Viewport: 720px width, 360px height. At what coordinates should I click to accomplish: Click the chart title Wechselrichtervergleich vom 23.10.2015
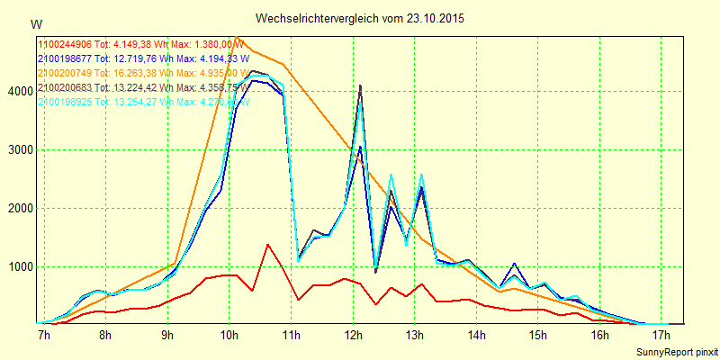tap(360, 18)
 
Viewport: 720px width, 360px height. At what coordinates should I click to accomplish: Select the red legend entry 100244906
tap(140, 43)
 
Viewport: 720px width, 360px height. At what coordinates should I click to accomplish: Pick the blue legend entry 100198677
tap(139, 58)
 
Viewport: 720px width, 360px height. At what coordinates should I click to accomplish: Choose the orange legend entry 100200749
tap(139, 73)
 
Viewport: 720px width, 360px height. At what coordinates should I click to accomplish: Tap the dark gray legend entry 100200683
tap(140, 87)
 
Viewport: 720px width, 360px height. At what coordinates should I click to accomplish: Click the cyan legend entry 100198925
tap(139, 102)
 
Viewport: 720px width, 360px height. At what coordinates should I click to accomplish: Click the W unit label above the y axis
tap(36, 23)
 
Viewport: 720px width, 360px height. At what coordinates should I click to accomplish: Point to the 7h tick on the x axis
tap(42, 335)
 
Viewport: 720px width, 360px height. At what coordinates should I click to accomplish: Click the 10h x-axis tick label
tap(229, 335)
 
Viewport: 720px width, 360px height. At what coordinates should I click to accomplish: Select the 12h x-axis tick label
tap(353, 335)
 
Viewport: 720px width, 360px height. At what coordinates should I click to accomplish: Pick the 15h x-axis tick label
tap(538, 335)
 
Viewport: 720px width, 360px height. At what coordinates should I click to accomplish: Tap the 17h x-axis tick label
tap(661, 335)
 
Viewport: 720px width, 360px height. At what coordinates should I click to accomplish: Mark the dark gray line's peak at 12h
tap(360, 85)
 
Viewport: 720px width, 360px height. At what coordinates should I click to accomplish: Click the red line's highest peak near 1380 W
tap(267, 244)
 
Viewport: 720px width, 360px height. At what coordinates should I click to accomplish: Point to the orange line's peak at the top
tap(236, 37)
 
